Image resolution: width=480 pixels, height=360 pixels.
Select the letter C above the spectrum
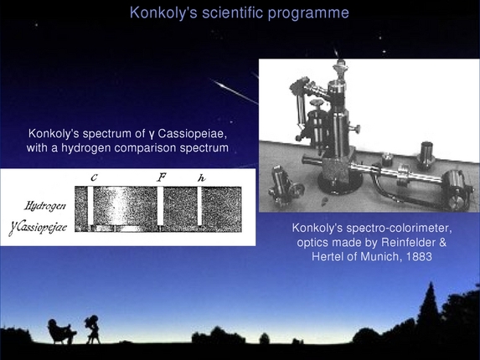pos(94,177)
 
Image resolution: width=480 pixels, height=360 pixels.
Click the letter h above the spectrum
pos(200,177)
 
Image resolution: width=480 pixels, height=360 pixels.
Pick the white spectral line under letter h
pos(200,206)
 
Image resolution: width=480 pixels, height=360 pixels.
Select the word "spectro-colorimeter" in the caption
pos(396,228)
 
